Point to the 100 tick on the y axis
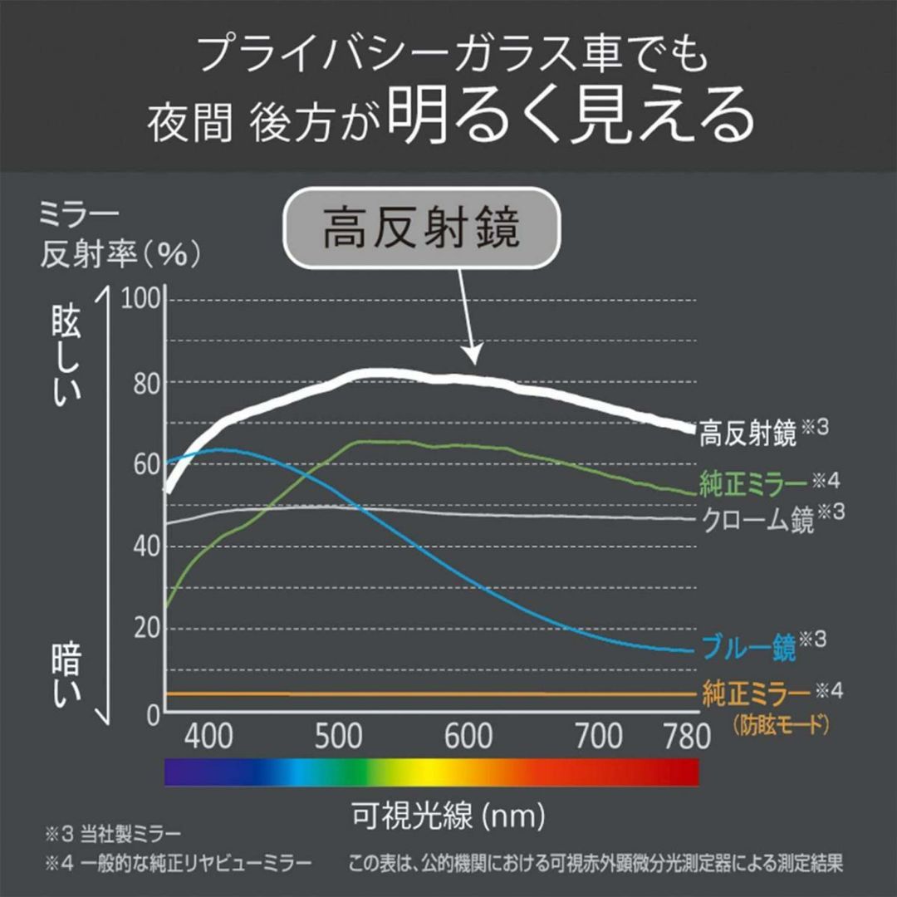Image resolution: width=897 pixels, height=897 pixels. (x=139, y=300)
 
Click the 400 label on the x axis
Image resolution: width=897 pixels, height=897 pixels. (x=208, y=737)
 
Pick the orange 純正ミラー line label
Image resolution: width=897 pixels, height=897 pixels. (x=756, y=693)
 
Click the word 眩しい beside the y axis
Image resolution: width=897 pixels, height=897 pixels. (x=66, y=361)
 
